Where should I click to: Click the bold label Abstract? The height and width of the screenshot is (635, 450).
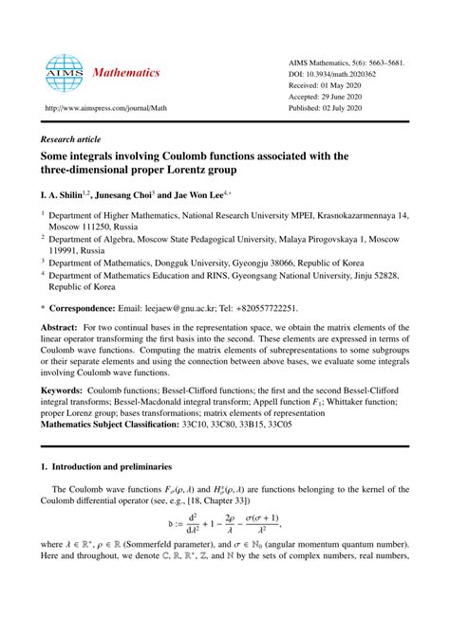pyautogui.click(x=62, y=327)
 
